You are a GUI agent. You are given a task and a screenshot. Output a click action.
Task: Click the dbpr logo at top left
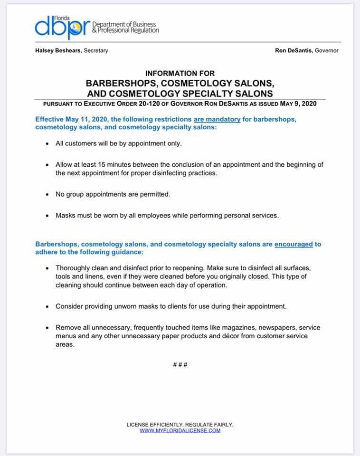[x=62, y=27]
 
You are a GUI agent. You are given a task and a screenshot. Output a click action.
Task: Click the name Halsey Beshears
[x=58, y=51]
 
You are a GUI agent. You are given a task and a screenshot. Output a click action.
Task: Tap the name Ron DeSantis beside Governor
[x=294, y=51]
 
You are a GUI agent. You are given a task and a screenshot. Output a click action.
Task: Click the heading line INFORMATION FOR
[x=180, y=74]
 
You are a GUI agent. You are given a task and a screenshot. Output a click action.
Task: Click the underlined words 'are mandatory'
[x=217, y=119]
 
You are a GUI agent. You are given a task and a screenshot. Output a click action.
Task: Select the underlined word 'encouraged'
[x=294, y=244]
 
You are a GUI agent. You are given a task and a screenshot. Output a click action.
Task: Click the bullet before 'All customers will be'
[x=47, y=143]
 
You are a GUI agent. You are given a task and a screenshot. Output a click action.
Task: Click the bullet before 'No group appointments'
[x=47, y=194]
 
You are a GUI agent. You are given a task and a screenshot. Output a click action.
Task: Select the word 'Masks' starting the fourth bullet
[x=65, y=215]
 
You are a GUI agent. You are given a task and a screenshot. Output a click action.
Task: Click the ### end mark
[x=180, y=365]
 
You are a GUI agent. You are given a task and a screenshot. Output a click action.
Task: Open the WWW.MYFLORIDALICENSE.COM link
[x=180, y=430]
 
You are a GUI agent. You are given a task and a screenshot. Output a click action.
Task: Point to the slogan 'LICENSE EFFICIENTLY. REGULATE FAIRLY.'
[x=180, y=425]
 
